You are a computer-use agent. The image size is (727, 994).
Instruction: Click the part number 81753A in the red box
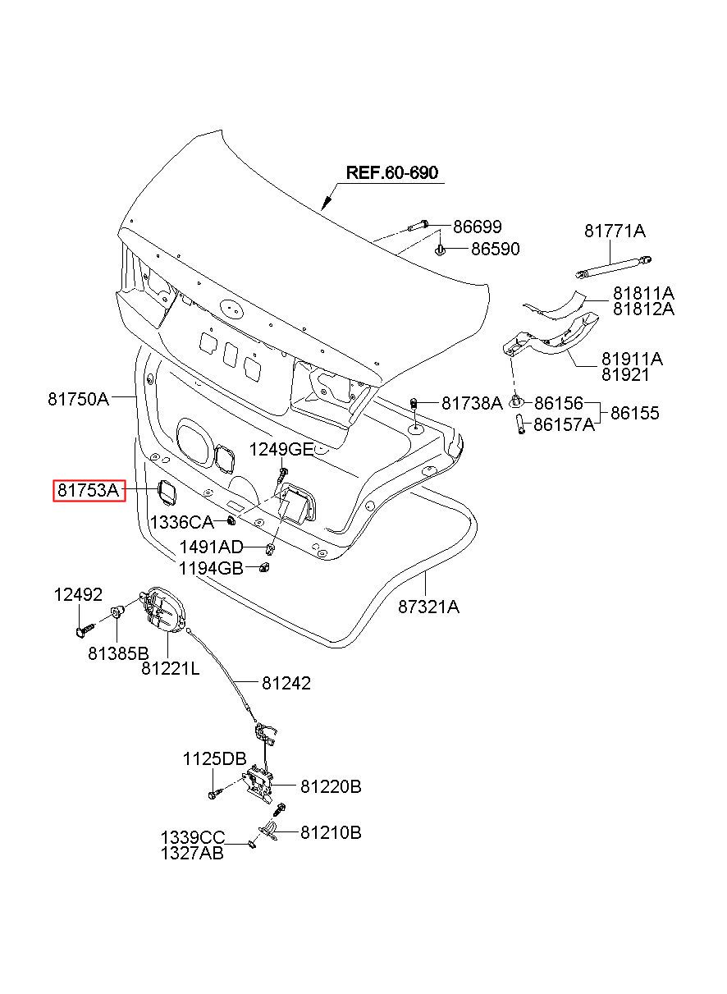89,490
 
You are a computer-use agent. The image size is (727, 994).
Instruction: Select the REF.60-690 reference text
391,172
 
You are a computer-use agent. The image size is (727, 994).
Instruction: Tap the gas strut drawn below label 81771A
614,267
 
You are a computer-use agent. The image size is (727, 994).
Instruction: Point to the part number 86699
477,227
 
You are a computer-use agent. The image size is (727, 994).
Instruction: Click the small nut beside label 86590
440,250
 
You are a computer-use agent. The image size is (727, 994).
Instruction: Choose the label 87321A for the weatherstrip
428,606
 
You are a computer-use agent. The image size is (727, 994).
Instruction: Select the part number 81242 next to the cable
286,683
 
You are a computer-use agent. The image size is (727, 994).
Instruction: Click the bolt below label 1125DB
214,794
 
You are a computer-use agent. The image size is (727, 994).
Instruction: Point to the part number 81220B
331,787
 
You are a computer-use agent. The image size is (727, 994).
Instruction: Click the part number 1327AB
192,853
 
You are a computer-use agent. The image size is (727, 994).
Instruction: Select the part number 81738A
472,403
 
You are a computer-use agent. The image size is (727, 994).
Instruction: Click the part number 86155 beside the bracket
635,413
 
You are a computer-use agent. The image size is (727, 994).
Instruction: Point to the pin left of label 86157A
520,424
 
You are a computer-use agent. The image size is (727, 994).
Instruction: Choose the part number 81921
625,375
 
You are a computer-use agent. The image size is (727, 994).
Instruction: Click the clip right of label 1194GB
264,567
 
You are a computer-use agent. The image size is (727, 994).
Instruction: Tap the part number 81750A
79,400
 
